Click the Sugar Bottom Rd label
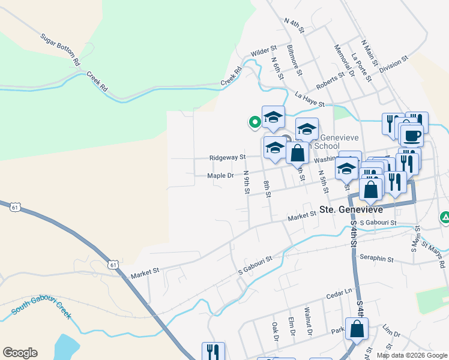tap(60, 49)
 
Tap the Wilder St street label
tap(264, 51)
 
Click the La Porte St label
tap(358, 67)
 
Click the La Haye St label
tap(310, 99)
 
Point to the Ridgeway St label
tap(228, 157)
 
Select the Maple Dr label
tap(220, 176)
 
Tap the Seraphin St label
tap(377, 259)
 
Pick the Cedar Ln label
tap(340, 292)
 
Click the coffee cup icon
tap(411, 136)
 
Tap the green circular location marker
tap(255, 122)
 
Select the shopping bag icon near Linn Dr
tap(357, 329)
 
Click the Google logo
tap(20, 353)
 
